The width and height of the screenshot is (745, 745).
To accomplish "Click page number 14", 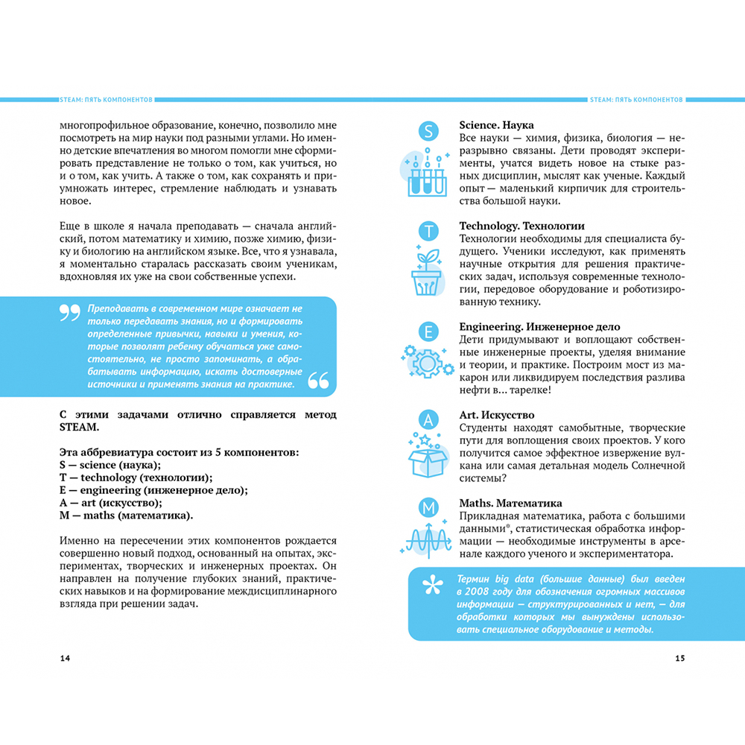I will click(x=65, y=658).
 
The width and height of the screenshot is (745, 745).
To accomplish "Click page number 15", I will click(x=679, y=658).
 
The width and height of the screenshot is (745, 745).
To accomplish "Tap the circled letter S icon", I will click(x=428, y=132).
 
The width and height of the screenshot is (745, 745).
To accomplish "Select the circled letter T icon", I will click(x=428, y=232).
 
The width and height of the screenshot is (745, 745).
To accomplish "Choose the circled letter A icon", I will click(x=428, y=421).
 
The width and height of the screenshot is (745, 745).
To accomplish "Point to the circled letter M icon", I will click(x=428, y=509).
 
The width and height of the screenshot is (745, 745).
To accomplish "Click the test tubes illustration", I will click(x=427, y=175).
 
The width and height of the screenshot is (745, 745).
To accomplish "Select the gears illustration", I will click(x=427, y=363).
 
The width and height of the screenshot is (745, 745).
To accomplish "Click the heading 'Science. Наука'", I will click(x=496, y=125).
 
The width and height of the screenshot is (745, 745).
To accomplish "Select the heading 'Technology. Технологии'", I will click(x=521, y=226).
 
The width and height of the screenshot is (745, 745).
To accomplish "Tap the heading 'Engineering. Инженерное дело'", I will click(x=539, y=326).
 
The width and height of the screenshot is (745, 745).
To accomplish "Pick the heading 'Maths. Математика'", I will click(x=510, y=504).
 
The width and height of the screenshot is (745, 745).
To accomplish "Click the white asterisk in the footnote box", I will click(x=433, y=586).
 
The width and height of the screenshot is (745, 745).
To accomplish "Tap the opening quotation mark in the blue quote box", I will click(x=69, y=313).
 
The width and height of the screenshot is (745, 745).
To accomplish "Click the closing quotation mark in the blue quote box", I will click(x=318, y=380).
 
